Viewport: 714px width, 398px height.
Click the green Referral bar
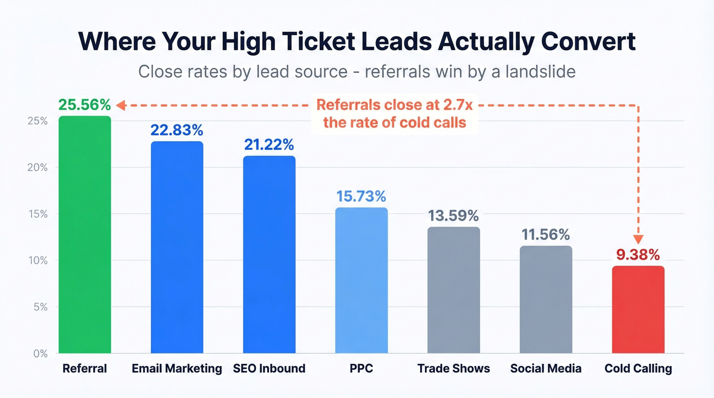85,234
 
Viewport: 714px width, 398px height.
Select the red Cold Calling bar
638,309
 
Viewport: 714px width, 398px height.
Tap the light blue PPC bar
361,280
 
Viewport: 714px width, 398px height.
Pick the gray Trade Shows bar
453,290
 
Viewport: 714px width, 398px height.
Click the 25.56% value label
84,105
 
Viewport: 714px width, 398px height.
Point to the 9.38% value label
638,254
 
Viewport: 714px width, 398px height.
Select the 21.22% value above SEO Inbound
269,145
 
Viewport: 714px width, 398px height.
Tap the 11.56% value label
546,234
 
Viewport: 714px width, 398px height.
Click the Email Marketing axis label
177,368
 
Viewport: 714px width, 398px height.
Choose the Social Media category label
546,368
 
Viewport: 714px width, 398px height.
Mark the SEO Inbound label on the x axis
269,368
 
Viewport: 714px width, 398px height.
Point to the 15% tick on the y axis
38,214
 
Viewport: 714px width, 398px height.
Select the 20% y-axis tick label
38,168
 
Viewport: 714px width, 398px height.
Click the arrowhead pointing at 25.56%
120,105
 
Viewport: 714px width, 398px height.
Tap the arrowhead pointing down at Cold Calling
638,240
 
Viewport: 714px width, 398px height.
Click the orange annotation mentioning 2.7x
394,114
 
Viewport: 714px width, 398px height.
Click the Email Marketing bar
177,247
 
